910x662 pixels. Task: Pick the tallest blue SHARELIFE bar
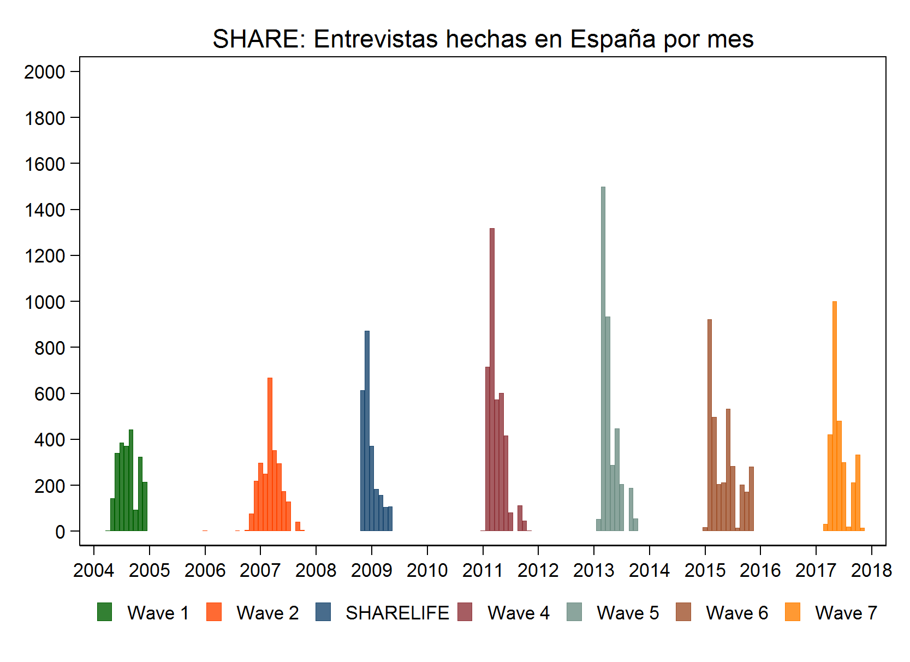(x=367, y=431)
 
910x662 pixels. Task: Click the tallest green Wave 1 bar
(x=131, y=480)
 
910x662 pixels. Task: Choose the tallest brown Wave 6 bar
(x=709, y=425)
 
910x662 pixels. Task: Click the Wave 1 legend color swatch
(x=104, y=612)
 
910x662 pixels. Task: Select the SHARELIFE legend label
(x=397, y=613)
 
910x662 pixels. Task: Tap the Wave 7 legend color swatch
(x=792, y=612)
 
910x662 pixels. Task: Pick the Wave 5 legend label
(x=628, y=613)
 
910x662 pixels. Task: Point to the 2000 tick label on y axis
(x=44, y=72)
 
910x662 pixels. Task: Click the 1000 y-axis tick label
(x=44, y=302)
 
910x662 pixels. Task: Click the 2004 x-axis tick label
(x=93, y=570)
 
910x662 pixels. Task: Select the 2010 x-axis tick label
(x=427, y=570)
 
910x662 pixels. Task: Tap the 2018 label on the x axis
(x=871, y=570)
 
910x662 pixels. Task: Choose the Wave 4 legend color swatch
(x=465, y=612)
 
